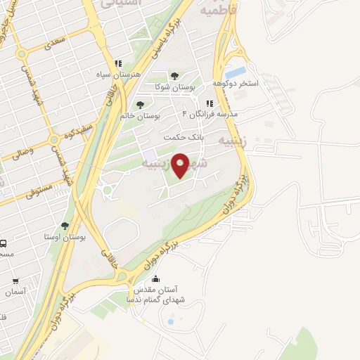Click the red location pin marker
coord(181,165)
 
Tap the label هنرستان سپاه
coord(118,74)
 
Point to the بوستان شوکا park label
coord(174,86)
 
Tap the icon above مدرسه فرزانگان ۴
coord(210,103)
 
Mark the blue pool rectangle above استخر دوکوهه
coord(236,72)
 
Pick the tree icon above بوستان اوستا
coord(65,226)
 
